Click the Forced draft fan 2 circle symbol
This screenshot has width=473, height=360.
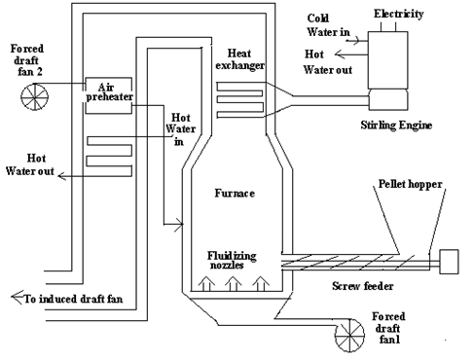[35, 96]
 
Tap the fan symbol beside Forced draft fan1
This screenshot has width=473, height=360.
[350, 336]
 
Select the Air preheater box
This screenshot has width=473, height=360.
[109, 95]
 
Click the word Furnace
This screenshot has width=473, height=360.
[235, 194]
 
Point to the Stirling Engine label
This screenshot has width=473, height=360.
[396, 126]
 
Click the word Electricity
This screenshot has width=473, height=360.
[399, 14]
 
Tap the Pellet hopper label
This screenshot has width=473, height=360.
[411, 184]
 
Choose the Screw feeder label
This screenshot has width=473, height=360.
[363, 286]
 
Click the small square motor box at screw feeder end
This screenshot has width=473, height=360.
[449, 262]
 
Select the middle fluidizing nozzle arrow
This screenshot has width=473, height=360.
[233, 283]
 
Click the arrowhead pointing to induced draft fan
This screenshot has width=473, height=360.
[18, 297]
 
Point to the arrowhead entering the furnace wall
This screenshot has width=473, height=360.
[178, 224]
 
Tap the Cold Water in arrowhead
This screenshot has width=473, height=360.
[356, 41]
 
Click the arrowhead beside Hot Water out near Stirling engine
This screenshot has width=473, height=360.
[340, 54]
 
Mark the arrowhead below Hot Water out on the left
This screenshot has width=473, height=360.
[62, 176]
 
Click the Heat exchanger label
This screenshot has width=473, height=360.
[240, 59]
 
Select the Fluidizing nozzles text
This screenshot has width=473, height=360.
[232, 260]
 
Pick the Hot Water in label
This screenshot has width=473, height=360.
[180, 129]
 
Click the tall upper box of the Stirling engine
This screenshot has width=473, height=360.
[387, 60]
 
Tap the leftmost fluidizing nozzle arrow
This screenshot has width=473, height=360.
[206, 283]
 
